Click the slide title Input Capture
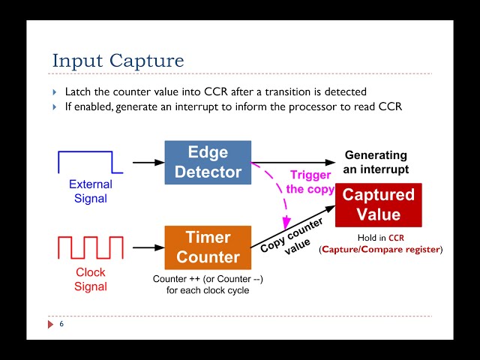coord(118,61)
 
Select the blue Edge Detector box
coord(208,162)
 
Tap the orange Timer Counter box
coord(208,247)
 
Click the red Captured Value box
coord(378,205)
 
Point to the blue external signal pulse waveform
coord(85,161)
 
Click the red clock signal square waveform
coord(90,247)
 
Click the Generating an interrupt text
coord(375,162)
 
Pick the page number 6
coord(61,324)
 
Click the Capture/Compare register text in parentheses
coord(381,249)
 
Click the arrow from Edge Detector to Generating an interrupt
coord(296,162)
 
